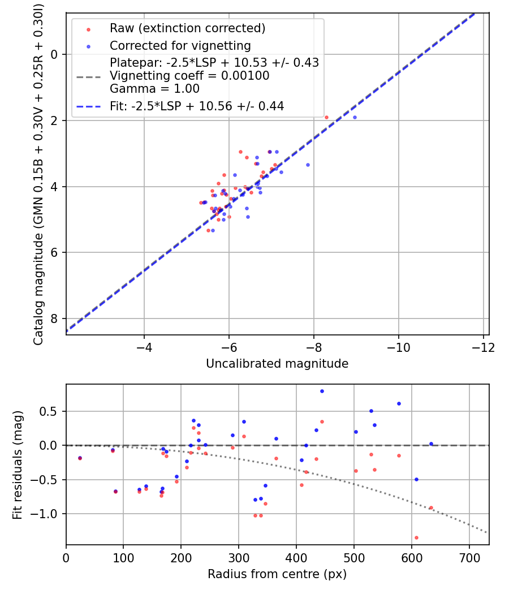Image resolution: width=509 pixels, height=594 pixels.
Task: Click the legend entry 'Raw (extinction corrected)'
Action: pos(187,28)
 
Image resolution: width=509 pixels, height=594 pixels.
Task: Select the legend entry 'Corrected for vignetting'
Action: pos(180,45)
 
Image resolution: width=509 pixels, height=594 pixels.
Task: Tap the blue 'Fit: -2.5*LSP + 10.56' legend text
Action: pos(197,106)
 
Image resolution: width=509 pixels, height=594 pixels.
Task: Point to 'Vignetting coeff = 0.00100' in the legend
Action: pos(189,76)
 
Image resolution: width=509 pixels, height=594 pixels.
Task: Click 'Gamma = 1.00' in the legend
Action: pos(154,89)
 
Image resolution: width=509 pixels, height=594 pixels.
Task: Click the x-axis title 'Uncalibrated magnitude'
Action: pos(277,363)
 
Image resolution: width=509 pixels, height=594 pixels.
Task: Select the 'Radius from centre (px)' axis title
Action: pos(277,574)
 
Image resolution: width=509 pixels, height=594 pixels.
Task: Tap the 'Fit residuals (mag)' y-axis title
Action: pos(18,464)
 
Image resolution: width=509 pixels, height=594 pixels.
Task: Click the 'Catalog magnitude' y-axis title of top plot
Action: pos(38,173)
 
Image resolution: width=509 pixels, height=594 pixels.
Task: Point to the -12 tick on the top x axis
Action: pos(483,347)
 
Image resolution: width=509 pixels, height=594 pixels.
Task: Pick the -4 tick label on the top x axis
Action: pos(144,347)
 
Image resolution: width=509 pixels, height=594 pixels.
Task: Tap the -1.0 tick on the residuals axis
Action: pos(49,514)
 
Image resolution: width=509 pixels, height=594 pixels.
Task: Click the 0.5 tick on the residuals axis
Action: pos(52,411)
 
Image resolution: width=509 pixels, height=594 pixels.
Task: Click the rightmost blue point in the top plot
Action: pos(355,117)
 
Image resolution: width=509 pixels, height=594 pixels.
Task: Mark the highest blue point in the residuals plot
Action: pos(322,391)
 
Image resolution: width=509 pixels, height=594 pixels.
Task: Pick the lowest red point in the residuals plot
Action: pos(416,537)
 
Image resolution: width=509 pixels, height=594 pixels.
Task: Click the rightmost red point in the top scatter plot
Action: pos(326,117)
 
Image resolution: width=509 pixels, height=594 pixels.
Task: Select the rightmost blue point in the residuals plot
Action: pos(431,444)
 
